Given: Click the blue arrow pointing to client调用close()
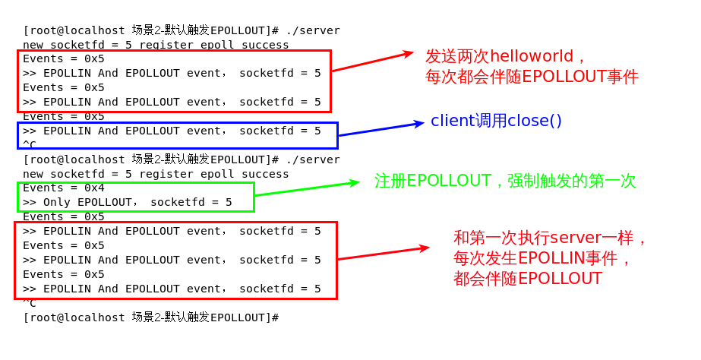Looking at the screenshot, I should pos(380,129).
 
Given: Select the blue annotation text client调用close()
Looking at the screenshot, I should pos(496,121).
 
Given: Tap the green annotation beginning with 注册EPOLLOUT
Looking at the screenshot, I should pos(504,181).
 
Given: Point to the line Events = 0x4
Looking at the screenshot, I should pos(64,188).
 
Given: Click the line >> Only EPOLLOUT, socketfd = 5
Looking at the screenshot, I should pos(127,202).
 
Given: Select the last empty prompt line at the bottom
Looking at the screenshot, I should pos(151,317).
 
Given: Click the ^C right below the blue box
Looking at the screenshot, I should pos(30,144).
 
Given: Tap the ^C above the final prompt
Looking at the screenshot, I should pos(30,302).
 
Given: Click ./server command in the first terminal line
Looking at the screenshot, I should pos(313,30).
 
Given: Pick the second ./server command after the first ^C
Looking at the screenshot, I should pos(313,159).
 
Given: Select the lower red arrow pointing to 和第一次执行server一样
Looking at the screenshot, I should pos(384,254).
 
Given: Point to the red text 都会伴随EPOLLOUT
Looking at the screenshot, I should pos(527,279).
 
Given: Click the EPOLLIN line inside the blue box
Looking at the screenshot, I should pos(172,131).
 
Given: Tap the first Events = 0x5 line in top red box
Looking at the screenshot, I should pos(64,58).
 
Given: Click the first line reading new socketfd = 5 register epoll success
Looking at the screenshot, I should pos(156,45).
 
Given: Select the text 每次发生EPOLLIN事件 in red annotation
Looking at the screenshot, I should pos(542,258).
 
